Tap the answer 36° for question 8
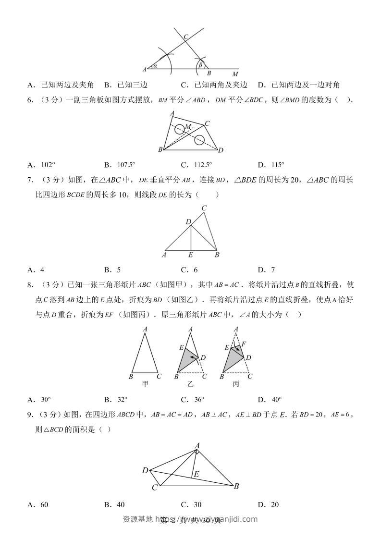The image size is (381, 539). tap(199, 399)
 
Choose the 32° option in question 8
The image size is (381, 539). tap(123, 399)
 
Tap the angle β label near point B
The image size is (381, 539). tap(200, 64)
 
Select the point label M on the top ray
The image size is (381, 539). tap(235, 74)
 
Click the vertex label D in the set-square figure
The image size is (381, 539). tap(221, 150)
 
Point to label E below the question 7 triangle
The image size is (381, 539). tap(191, 255)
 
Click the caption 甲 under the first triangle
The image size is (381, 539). tap(145, 384)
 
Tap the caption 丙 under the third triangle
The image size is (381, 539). tap(236, 384)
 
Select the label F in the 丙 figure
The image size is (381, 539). tap(244, 344)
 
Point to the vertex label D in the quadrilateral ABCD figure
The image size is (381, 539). tap(145, 470)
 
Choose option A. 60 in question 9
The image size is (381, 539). tap(38, 504)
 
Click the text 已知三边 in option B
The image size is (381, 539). tap(132, 85)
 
